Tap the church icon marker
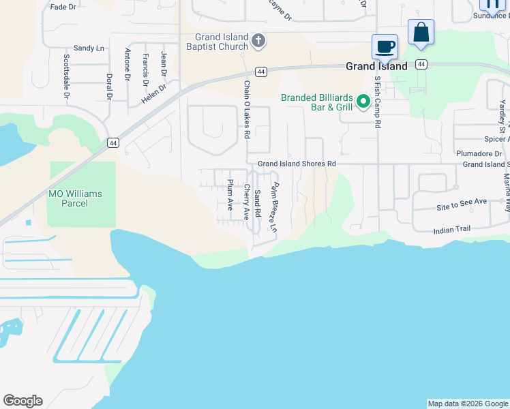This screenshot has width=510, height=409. pos(258,42)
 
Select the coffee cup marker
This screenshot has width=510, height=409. pos(385,46)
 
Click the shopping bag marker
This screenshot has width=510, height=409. pos(421,32)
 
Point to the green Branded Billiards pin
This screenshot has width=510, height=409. pos(363,102)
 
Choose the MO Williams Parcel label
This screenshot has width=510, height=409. pos(75,198)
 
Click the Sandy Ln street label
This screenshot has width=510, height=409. pos(89,48)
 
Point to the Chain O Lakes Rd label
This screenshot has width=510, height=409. pos(247,110)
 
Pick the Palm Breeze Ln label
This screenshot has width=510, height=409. pos(273,208)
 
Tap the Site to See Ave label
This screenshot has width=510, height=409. pos(462,202)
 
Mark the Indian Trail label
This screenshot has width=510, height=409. pos(452,230)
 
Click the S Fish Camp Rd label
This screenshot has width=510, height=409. pos(376,102)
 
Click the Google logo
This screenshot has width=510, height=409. pos(22,401)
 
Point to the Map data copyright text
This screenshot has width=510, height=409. pos(468,404)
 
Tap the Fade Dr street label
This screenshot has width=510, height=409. pos(63,6)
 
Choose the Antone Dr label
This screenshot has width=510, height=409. pos(127,65)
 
